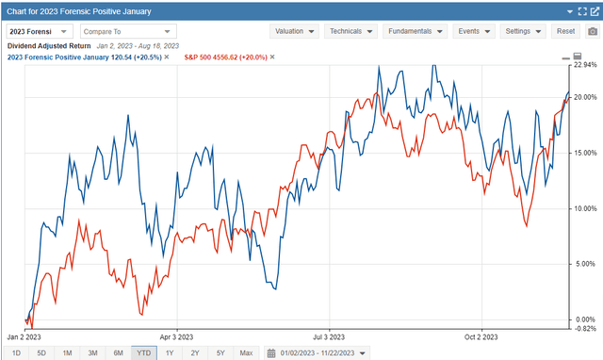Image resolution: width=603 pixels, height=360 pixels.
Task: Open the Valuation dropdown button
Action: coord(294,31)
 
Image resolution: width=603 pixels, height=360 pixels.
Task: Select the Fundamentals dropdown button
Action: coord(416,31)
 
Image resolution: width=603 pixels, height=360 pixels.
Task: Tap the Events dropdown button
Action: coord(473,31)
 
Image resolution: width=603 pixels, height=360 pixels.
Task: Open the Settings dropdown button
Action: coord(523,31)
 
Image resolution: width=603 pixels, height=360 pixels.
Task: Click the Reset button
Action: coord(566,31)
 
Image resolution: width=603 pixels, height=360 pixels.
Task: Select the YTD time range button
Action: coord(143,352)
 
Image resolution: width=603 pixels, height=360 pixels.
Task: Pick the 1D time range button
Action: coord(16,352)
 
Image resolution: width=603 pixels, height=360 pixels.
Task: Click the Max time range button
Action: coord(246,352)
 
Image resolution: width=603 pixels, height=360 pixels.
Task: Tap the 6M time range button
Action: coord(118,352)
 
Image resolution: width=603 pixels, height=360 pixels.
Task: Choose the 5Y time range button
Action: coord(220,352)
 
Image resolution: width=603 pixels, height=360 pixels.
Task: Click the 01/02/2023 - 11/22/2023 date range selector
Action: coord(317,352)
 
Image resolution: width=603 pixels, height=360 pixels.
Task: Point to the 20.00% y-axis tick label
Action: coord(586,97)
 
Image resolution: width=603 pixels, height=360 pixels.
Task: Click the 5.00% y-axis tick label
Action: coord(586,264)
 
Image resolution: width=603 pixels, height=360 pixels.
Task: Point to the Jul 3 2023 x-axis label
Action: coord(328,335)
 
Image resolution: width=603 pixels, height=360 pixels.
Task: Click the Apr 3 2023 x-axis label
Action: coord(176,335)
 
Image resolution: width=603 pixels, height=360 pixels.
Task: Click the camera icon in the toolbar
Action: coord(591,31)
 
